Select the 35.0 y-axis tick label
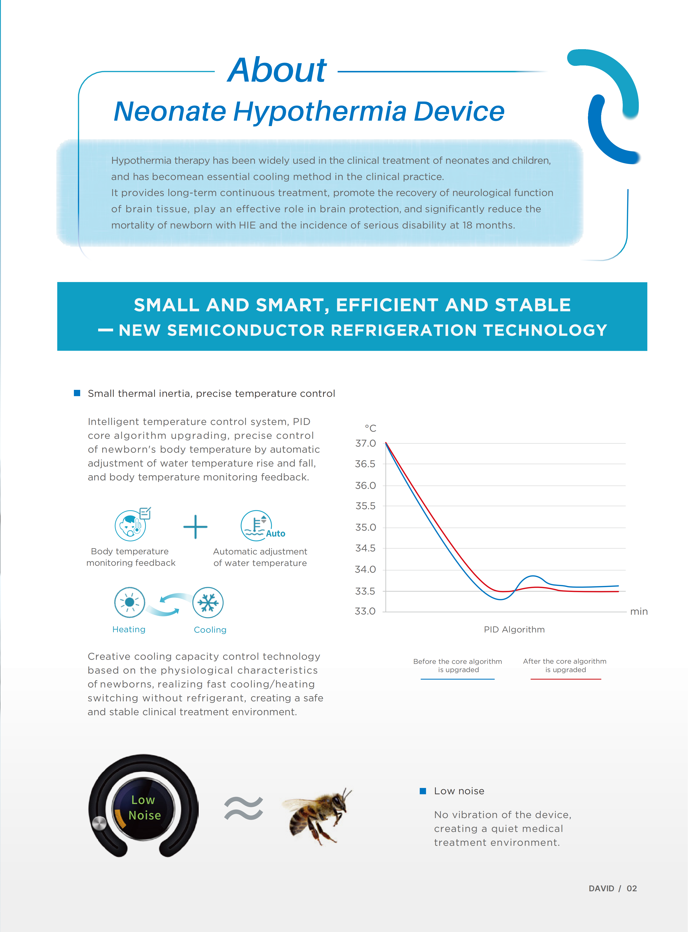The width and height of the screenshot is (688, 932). coord(365,527)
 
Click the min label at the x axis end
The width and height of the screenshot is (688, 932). coord(638,611)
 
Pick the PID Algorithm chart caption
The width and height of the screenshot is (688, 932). coord(514,629)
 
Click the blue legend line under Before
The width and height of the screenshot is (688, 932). coord(457,679)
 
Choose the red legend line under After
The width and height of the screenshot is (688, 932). coord(566,679)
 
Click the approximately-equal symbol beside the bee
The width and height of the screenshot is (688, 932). coord(244,808)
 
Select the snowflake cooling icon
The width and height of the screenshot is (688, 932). coord(208,602)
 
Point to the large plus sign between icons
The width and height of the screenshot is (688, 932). coord(195,527)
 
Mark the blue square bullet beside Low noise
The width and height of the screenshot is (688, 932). coord(423,791)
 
